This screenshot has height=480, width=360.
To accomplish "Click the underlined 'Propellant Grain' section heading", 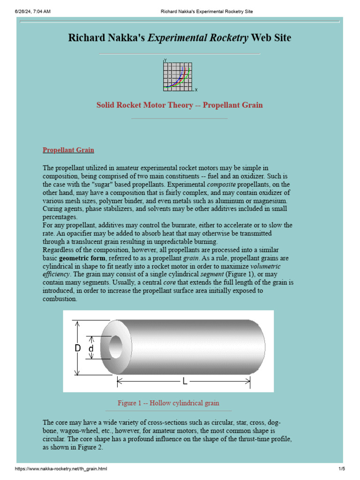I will point(68,150).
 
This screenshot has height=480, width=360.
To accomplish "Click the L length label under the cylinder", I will point(185,382).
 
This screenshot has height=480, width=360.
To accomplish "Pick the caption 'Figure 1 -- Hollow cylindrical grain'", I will point(168,403).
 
